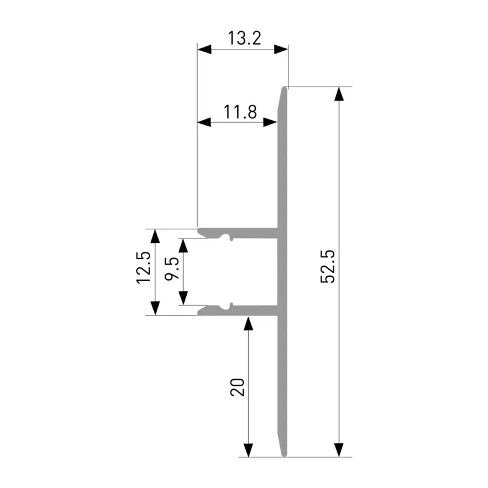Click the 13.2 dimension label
pyautogui.click(x=245, y=38)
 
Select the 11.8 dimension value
pyautogui.click(x=240, y=112)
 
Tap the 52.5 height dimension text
pyautogui.click(x=328, y=267)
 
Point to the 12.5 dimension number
pyautogui.click(x=143, y=268)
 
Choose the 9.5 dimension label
pyautogui.click(x=172, y=268)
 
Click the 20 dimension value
pyautogui.click(x=237, y=387)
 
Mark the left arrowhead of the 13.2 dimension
pyautogui.click(x=204, y=49)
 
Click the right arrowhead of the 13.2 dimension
pyautogui.click(x=281, y=49)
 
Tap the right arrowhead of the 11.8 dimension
pyautogui.click(x=270, y=123)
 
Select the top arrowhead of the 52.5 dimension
pyautogui.click(x=339, y=94)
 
